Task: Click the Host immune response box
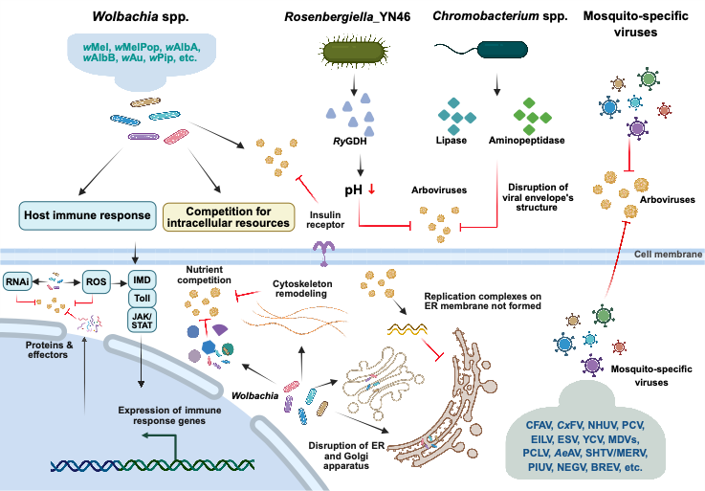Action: pyautogui.click(x=87, y=215)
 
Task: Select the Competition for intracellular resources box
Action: pyautogui.click(x=229, y=217)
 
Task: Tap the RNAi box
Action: pyautogui.click(x=17, y=282)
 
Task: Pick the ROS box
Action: pyautogui.click(x=97, y=282)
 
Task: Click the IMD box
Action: pyautogui.click(x=143, y=279)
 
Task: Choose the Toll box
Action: pyautogui.click(x=143, y=298)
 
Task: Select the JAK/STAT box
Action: pyautogui.click(x=143, y=321)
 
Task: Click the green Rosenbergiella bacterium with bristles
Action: pyautogui.click(x=355, y=51)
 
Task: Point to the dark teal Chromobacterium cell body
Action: pyautogui.click(x=502, y=50)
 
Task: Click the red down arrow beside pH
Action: pyautogui.click(x=371, y=190)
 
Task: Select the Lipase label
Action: pyautogui.click(x=451, y=141)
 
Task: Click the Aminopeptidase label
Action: pyautogui.click(x=526, y=141)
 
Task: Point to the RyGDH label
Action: pyautogui.click(x=350, y=142)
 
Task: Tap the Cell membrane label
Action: pyautogui.click(x=668, y=255)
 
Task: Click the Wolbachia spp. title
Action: pyautogui.click(x=141, y=17)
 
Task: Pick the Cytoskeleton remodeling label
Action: pyautogui.click(x=302, y=289)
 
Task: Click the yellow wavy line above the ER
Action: pyautogui.click(x=407, y=330)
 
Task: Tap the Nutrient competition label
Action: pyautogui.click(x=204, y=275)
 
